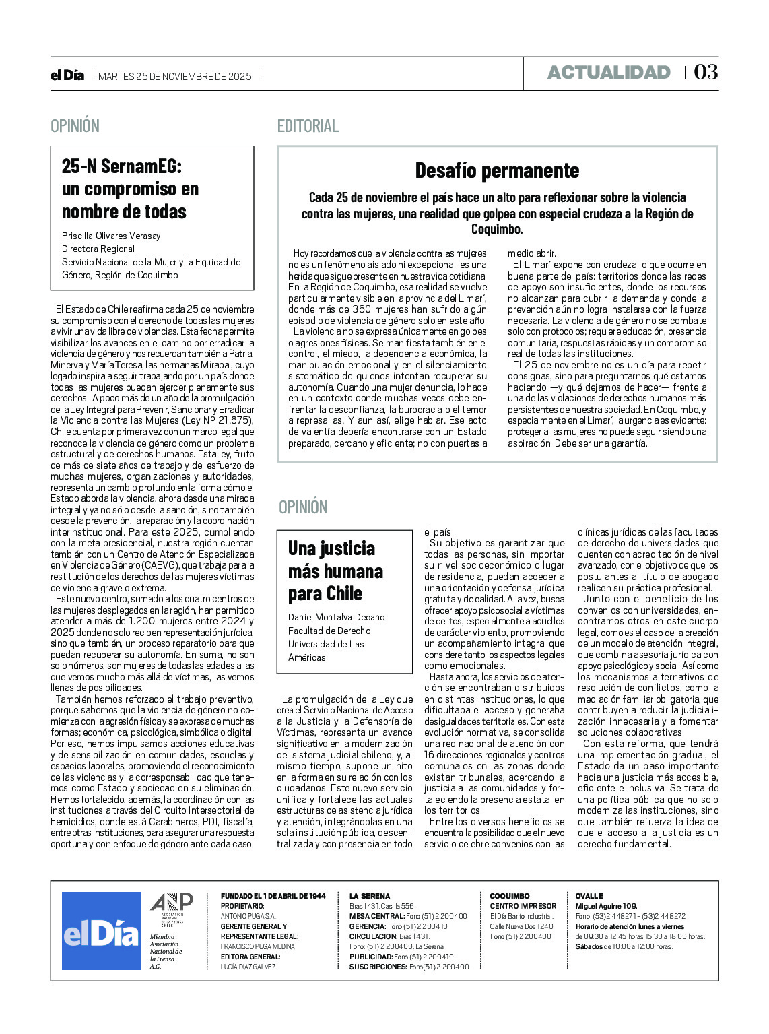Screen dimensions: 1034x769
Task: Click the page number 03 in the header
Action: (706, 72)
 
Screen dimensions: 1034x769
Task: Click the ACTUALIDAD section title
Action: (609, 73)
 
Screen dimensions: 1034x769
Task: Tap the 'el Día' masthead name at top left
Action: (67, 75)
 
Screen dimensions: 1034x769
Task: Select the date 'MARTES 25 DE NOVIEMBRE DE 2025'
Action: (175, 77)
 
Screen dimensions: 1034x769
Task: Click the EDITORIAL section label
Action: (308, 126)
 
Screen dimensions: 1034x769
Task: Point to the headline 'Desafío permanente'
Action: (497, 170)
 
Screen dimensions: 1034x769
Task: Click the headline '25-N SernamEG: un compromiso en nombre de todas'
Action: (130, 189)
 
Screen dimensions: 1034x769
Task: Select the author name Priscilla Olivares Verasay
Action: (111, 236)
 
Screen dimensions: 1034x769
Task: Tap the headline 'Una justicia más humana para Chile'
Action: (335, 571)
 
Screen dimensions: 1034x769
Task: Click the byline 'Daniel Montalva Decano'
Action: (336, 617)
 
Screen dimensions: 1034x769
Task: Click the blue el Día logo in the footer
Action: (101, 931)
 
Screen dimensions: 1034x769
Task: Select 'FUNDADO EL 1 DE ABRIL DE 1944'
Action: (273, 896)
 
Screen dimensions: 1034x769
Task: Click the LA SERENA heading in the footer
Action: (369, 896)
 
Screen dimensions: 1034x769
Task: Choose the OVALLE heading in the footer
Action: (589, 896)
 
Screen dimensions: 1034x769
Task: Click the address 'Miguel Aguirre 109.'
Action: (606, 906)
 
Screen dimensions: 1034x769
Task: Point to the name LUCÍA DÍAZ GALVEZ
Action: (248, 967)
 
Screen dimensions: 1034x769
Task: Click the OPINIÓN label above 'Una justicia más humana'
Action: (303, 507)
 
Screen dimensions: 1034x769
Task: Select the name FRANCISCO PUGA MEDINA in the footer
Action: (257, 946)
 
